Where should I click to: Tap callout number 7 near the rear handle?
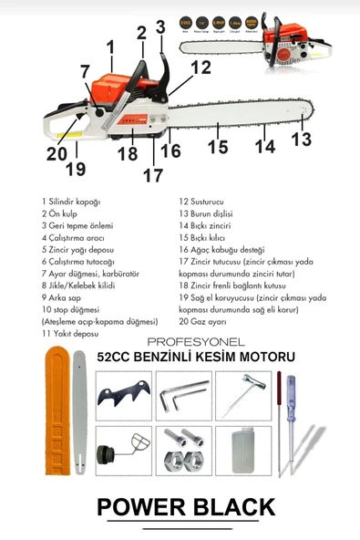click(x=85, y=71)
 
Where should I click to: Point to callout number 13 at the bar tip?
click(x=301, y=139)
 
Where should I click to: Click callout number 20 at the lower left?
click(x=57, y=154)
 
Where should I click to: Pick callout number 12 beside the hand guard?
click(x=201, y=67)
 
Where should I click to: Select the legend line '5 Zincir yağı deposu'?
click(x=77, y=249)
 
